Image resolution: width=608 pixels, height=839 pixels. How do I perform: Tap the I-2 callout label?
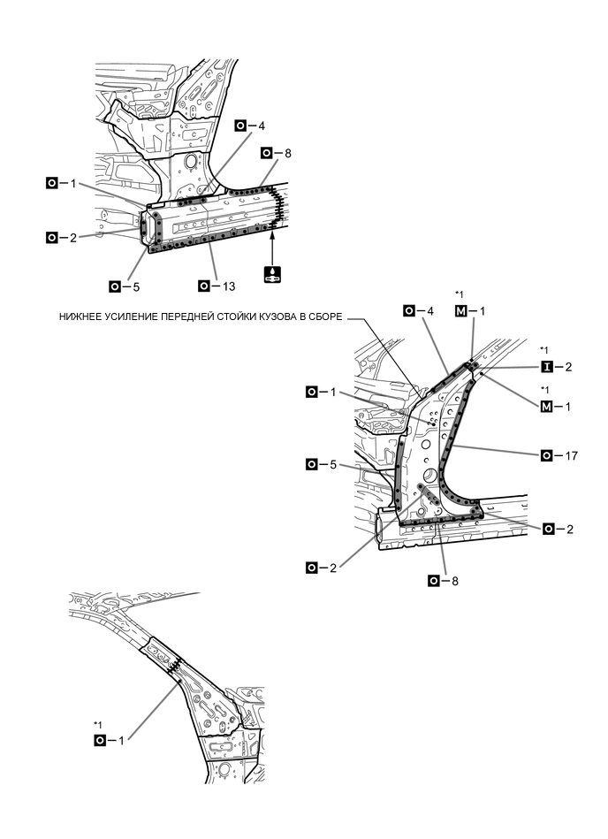click(x=559, y=367)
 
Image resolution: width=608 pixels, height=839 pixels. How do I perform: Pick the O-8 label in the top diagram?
click(x=277, y=153)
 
